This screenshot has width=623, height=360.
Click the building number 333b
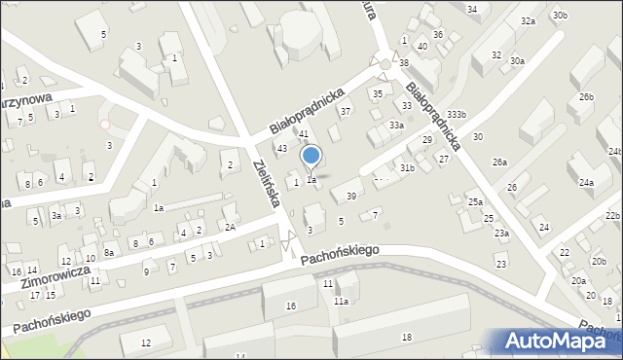[x=457, y=115]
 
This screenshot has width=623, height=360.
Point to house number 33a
[x=396, y=126]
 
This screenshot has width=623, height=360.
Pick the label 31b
[x=407, y=168]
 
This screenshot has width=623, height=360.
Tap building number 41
[x=304, y=133]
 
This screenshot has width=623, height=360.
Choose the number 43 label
[x=281, y=148]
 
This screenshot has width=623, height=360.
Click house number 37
[x=345, y=111]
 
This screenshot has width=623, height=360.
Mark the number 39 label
[x=350, y=197]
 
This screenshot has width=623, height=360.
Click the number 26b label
[x=586, y=97]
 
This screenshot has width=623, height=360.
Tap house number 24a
[x=586, y=182]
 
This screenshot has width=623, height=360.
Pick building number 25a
[x=474, y=201]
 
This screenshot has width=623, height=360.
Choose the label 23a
[x=500, y=234]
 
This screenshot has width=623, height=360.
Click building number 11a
[x=341, y=302]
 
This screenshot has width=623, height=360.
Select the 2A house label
[x=231, y=227]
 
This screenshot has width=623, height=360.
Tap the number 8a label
[x=110, y=252]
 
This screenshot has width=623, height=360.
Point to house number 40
[x=421, y=46]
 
